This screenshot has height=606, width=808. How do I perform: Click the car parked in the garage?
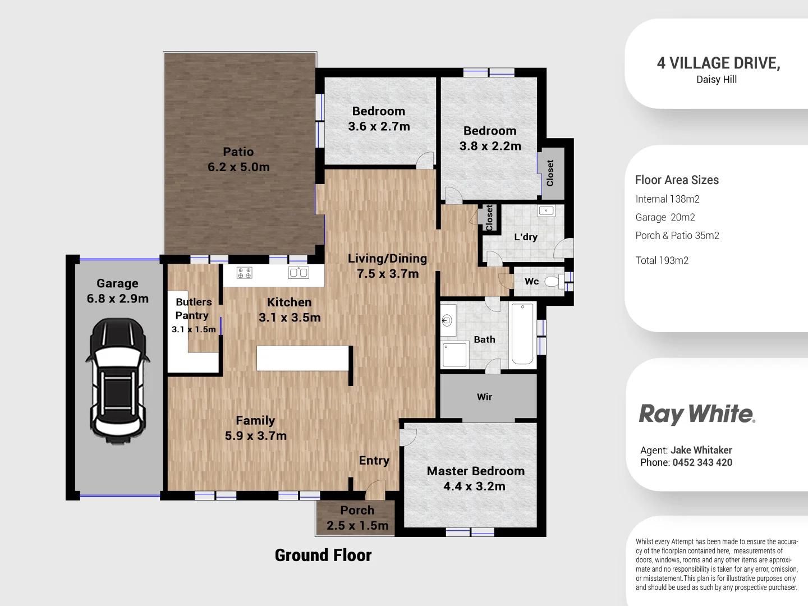coord(117,382)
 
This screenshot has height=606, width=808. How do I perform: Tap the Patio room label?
coord(238,152)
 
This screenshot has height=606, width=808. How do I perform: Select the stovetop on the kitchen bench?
coord(245,273)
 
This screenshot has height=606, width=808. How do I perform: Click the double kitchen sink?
coord(299,273)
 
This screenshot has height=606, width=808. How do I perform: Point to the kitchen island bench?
coord(303,359)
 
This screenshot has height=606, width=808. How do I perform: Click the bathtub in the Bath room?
coord(522,334)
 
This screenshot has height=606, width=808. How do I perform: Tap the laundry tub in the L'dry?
coord(546,211)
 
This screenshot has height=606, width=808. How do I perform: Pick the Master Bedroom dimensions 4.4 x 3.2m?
coord(474,486)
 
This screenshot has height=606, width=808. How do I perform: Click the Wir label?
coord(484,397)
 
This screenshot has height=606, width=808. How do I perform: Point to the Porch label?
coord(357,511)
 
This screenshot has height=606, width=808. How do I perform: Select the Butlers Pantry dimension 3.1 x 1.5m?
coord(194,329)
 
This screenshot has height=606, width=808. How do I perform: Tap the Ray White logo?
coord(697,415)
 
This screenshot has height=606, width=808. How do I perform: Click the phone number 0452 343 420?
coord(702,463)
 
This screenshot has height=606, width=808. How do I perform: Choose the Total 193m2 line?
coord(662,260)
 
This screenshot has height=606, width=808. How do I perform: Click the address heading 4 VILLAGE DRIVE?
coord(718,63)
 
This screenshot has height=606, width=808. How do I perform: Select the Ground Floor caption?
coord(323,555)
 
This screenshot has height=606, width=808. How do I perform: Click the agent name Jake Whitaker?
coord(701,450)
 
